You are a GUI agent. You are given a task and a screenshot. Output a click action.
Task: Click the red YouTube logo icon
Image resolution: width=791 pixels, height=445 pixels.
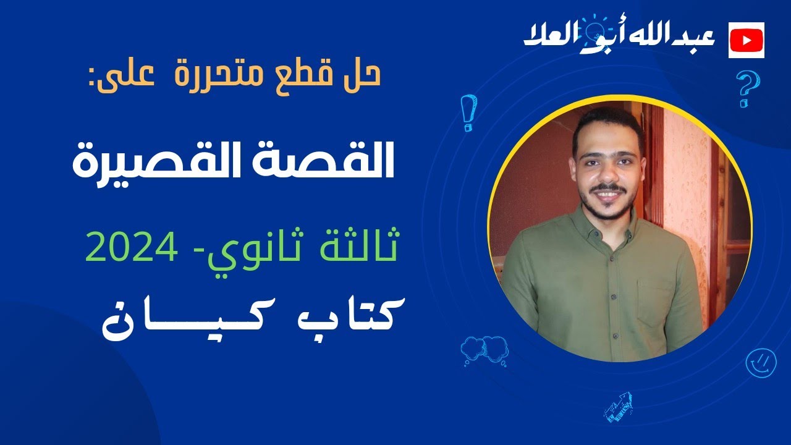pyautogui.click(x=747, y=40)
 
